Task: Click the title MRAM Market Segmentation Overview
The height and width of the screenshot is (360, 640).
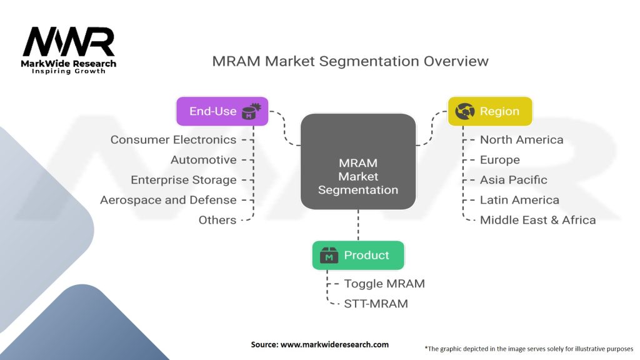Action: click(x=350, y=61)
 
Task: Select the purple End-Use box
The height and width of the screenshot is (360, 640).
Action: click(x=222, y=111)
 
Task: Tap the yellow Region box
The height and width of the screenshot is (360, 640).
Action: click(x=489, y=111)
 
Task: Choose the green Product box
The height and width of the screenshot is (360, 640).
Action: click(x=358, y=255)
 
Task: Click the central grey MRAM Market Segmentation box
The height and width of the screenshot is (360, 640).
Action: click(x=358, y=162)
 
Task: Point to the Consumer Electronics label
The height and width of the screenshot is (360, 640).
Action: click(x=173, y=139)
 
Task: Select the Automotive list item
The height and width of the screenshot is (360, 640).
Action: click(x=203, y=159)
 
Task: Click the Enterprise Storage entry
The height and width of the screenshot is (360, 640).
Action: click(x=183, y=179)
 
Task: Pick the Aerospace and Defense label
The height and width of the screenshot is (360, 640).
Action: click(x=168, y=199)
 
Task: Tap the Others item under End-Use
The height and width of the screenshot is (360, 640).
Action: click(x=217, y=219)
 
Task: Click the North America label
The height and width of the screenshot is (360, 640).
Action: click(x=521, y=139)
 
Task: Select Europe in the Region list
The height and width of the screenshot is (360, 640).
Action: click(x=499, y=159)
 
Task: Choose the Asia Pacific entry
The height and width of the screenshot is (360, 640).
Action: click(x=513, y=179)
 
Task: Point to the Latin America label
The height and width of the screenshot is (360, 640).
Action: click(x=519, y=199)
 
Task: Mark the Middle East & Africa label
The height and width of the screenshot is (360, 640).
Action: click(x=537, y=219)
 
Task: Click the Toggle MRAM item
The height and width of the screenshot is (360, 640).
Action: click(x=384, y=283)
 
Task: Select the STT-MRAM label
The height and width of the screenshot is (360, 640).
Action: click(x=376, y=304)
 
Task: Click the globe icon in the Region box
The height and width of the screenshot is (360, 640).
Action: click(x=465, y=111)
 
